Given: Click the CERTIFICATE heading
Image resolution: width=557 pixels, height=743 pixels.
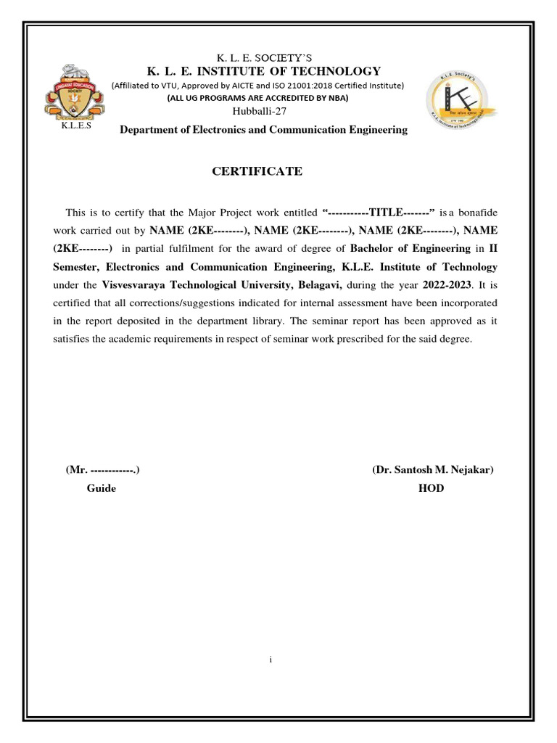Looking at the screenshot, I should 256,171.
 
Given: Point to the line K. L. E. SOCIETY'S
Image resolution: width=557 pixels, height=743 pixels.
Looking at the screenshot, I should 263,57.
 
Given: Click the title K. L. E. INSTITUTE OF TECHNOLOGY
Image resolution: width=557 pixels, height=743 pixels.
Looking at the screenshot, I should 263,71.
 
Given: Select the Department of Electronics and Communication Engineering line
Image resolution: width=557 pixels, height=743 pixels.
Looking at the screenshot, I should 263,130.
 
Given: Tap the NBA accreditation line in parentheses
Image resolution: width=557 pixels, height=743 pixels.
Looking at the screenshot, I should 257,97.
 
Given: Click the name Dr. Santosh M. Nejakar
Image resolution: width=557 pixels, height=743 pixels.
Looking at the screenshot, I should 433,470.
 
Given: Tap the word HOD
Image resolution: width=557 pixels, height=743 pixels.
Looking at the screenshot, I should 431,488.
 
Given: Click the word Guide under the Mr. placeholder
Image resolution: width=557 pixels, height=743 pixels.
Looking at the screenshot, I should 102,488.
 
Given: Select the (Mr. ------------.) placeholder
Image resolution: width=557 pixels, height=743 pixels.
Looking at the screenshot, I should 103,470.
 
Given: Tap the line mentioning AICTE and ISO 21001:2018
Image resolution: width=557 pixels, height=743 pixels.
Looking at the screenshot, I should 257,85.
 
